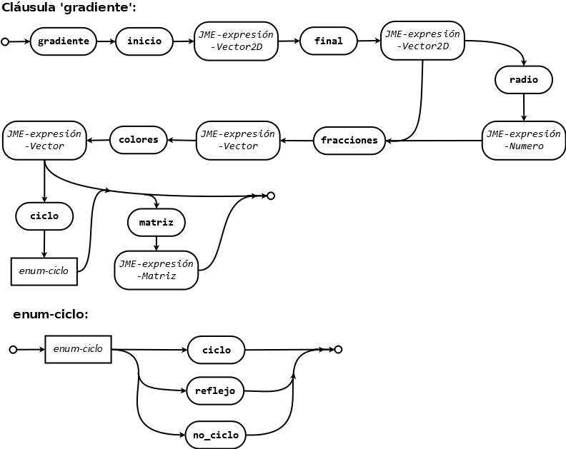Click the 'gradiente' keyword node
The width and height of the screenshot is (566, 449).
point(63,41)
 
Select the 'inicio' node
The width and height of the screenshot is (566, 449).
point(144,41)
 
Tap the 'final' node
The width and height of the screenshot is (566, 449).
point(329,41)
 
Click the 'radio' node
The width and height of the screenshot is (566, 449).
point(524,80)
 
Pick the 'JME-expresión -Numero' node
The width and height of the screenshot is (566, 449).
point(524,141)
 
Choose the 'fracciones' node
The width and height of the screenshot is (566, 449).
point(349,141)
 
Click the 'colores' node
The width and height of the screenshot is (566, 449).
point(138,140)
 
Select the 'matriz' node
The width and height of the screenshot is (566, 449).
point(157,223)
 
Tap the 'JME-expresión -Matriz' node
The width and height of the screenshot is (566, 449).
point(157,270)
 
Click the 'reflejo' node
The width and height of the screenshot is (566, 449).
point(215,391)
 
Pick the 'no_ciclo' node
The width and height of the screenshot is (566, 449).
point(216,435)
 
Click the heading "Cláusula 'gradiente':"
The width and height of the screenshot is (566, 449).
point(69,8)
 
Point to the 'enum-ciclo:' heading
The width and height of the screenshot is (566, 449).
point(51,315)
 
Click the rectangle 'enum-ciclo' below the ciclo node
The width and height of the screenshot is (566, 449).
point(44,271)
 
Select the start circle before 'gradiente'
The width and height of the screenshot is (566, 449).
point(5,42)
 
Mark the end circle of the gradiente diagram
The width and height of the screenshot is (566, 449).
point(271,196)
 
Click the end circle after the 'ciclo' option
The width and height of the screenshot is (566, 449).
point(338,350)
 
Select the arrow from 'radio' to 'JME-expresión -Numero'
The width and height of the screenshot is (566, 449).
point(524,107)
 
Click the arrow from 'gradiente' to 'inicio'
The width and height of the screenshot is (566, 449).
point(106,41)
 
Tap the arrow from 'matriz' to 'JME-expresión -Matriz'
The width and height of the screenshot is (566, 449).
point(157,243)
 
